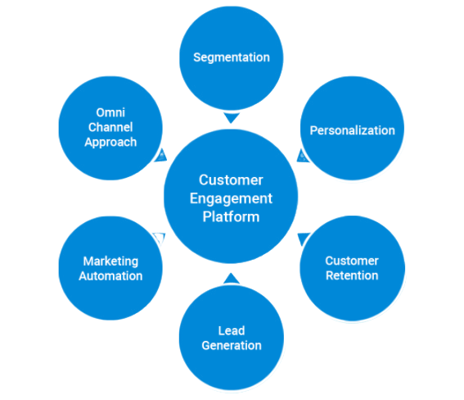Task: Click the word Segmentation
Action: coord(232,57)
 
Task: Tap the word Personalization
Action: coord(352,130)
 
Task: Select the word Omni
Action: coord(110,112)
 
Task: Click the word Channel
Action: coord(110,127)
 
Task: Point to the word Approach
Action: coord(110,143)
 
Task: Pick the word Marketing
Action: coord(110,261)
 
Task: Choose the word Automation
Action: coord(110,276)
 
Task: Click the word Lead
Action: coord(232,330)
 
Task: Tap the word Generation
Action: coord(232,345)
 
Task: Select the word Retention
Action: coord(352,275)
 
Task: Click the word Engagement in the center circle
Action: coord(231,199)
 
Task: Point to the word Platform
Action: coord(231,216)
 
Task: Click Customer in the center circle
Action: coord(231,180)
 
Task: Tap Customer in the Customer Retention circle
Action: coord(352,261)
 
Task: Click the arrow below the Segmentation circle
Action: coord(232,118)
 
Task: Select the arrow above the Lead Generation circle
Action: coord(232,279)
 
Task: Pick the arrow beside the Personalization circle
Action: coord(303,156)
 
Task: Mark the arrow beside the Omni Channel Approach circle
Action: coord(160,156)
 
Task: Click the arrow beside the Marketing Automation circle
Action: coord(160,239)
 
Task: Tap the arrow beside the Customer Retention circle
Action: coord(303,239)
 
